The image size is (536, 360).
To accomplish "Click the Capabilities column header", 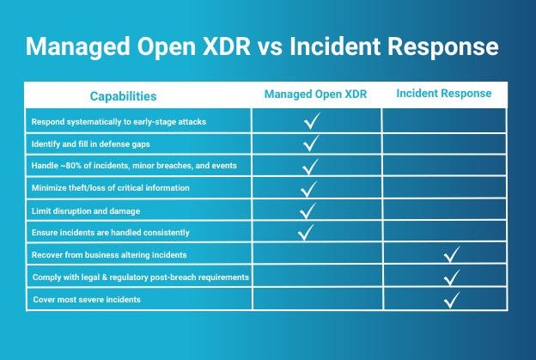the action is [x=123, y=96].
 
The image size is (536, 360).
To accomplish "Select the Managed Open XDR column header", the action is [x=315, y=95].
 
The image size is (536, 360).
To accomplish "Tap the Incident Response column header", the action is [x=444, y=94].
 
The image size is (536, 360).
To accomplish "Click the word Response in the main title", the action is [x=442, y=46].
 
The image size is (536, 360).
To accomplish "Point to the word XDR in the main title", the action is [x=227, y=46].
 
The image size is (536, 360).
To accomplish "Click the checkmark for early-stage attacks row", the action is [x=312, y=120].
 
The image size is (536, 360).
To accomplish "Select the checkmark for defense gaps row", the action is [x=311, y=143].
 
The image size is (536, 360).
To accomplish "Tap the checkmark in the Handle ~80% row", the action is [x=310, y=167].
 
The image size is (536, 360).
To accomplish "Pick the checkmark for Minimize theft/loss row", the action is [x=308, y=189].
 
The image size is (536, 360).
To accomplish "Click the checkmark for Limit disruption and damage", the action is [x=308, y=211].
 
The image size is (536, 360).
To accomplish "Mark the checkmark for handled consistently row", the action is [x=306, y=233].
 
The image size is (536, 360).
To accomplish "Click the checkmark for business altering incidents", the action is [x=452, y=254].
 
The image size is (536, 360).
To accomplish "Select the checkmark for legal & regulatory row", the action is [x=452, y=278].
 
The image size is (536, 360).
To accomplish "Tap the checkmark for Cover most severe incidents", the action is [x=452, y=300].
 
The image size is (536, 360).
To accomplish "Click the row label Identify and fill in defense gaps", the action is [x=90, y=144].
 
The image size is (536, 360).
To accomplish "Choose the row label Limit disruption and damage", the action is [x=86, y=211].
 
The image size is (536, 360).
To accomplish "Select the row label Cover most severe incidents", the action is [x=87, y=300].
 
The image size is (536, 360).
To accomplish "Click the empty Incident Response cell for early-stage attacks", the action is [x=444, y=120].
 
